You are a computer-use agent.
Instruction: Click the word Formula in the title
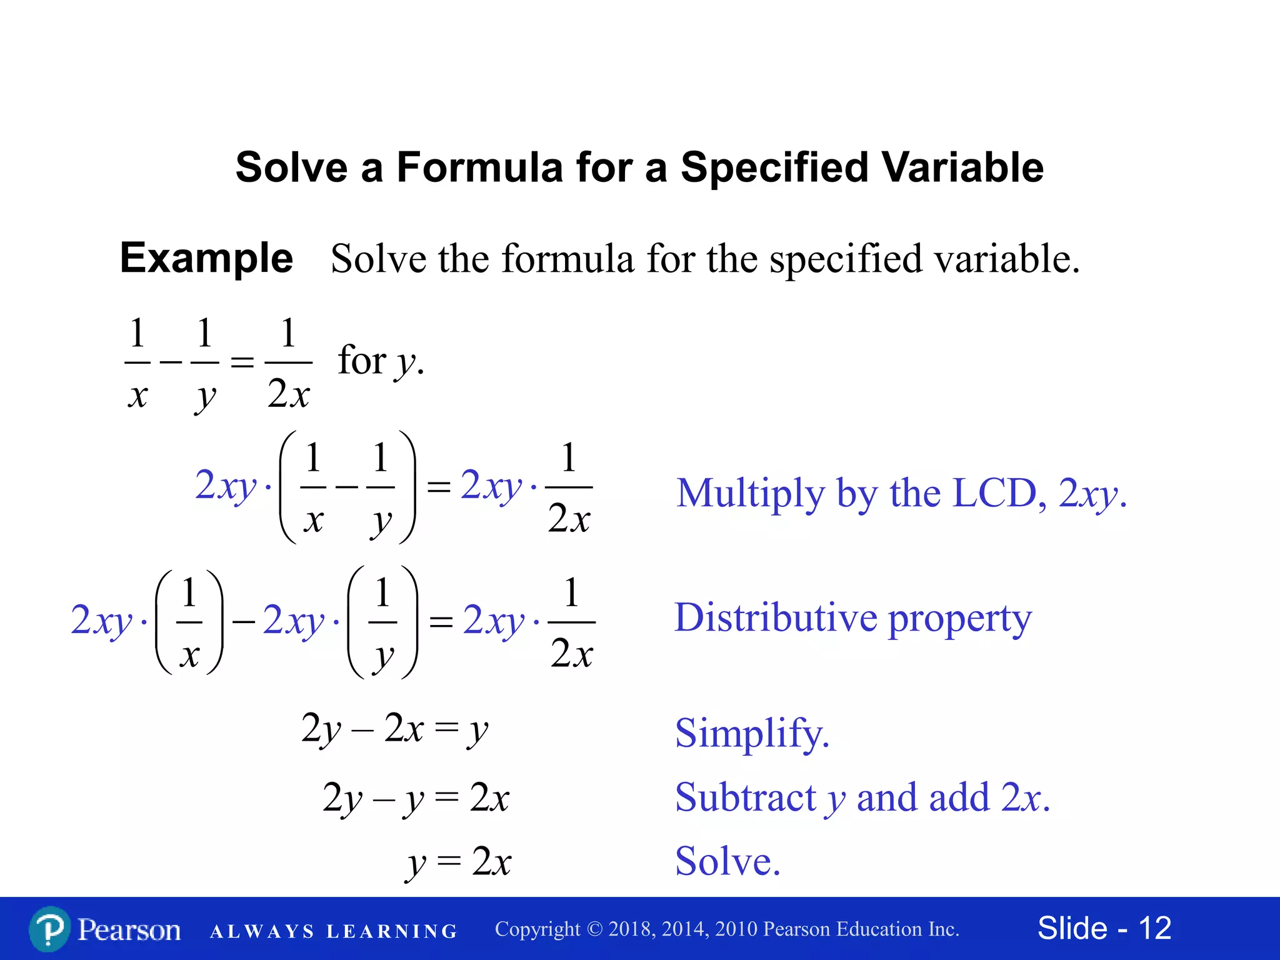[480, 167]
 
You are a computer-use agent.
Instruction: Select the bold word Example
[206, 257]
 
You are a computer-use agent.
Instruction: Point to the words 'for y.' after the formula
[381, 361]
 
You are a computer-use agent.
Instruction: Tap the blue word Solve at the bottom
[727, 861]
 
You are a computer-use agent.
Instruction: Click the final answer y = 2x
[459, 862]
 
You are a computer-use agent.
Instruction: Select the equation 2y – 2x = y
[394, 729]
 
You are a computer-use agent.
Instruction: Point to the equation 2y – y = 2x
[416, 798]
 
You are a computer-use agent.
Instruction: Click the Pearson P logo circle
[49, 929]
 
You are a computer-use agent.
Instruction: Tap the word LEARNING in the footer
[392, 931]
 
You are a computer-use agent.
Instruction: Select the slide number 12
[1154, 928]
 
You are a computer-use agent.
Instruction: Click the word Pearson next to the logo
[129, 930]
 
